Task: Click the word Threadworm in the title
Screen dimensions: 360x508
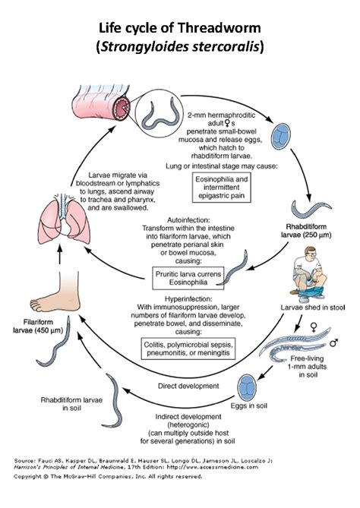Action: tap(219, 28)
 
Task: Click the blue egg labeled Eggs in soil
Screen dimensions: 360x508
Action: tap(248, 387)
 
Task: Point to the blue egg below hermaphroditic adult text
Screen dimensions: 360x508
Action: tap(280, 137)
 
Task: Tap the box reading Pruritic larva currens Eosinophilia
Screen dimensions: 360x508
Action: tap(188, 278)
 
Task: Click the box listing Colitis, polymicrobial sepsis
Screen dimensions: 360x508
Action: tap(188, 349)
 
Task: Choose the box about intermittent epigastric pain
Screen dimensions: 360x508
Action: tap(221, 188)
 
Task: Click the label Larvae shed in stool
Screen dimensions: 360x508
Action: tap(313, 308)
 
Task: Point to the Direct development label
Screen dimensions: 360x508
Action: tap(188, 386)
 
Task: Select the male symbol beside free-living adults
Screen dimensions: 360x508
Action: tap(333, 342)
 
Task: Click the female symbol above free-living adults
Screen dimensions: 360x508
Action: tap(314, 327)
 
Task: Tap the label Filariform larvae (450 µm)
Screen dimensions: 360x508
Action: tap(38, 327)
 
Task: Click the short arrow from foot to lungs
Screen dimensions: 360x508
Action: tap(59, 254)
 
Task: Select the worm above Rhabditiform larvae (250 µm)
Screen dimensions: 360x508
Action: tap(311, 209)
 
